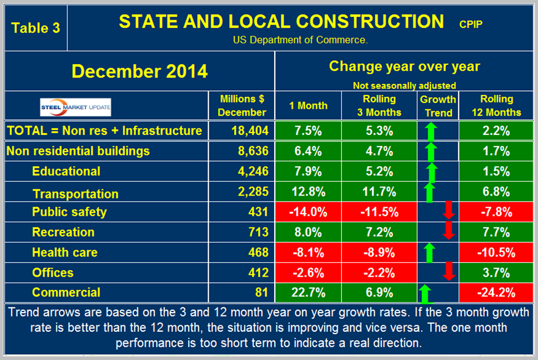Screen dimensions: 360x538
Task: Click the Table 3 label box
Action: (36, 28)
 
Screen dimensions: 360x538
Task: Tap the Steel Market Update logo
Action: (75, 106)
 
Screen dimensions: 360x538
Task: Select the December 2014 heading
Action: (139, 72)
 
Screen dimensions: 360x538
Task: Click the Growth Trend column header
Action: (438, 105)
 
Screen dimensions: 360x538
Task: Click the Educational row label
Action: (66, 171)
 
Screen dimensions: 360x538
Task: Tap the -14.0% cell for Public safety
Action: (308, 212)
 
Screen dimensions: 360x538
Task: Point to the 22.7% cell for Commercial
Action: (308, 293)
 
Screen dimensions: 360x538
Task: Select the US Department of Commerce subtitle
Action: (300, 40)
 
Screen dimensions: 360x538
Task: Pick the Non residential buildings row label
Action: (78, 151)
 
